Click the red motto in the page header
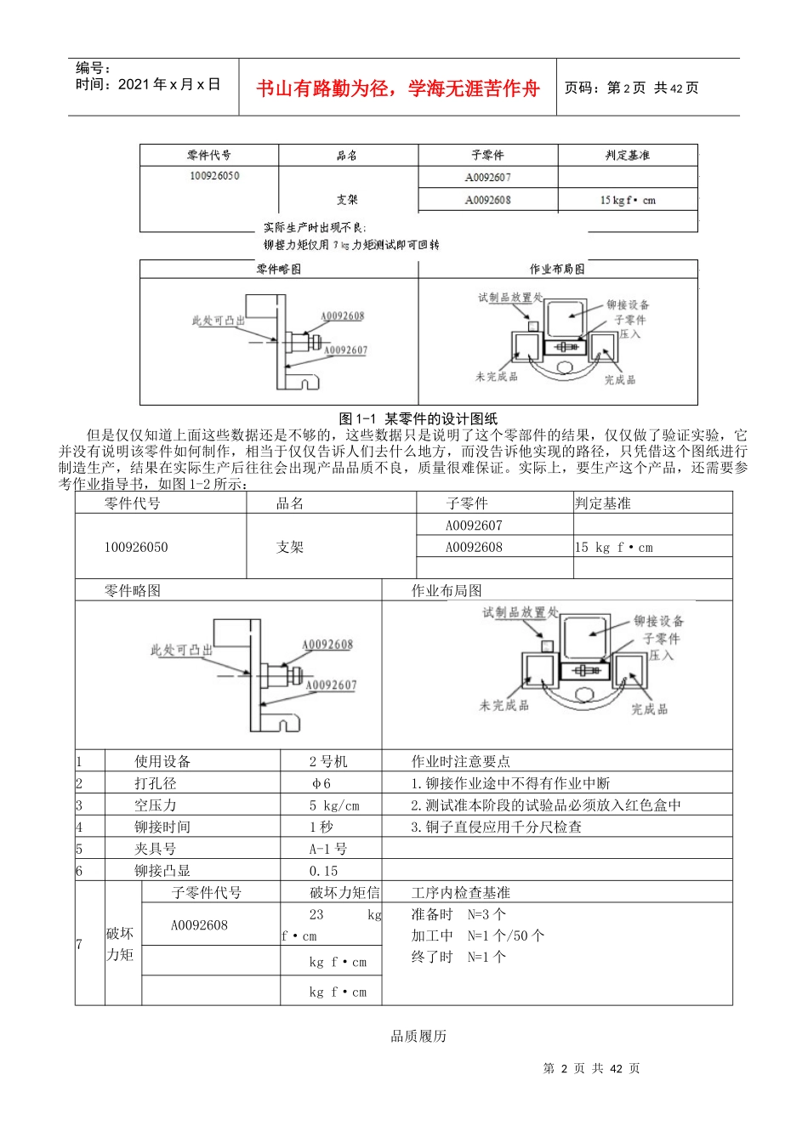(x=397, y=88)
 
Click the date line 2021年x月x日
(x=148, y=84)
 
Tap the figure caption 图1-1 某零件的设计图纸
(x=418, y=418)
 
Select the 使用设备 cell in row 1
(x=162, y=761)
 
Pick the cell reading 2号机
(x=328, y=761)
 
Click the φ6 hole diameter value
(x=321, y=783)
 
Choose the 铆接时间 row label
(x=162, y=827)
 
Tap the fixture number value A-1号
(x=328, y=849)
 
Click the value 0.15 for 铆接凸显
(x=324, y=871)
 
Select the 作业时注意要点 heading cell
(x=461, y=761)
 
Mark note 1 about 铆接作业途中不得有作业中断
(x=510, y=783)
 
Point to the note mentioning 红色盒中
(x=546, y=805)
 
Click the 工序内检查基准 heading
(x=461, y=893)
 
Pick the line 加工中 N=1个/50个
(x=478, y=935)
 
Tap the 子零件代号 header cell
(x=207, y=893)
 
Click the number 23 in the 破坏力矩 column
(x=316, y=915)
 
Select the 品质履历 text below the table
(x=418, y=1036)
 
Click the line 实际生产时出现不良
(x=315, y=228)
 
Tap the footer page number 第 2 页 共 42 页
(x=592, y=1068)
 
